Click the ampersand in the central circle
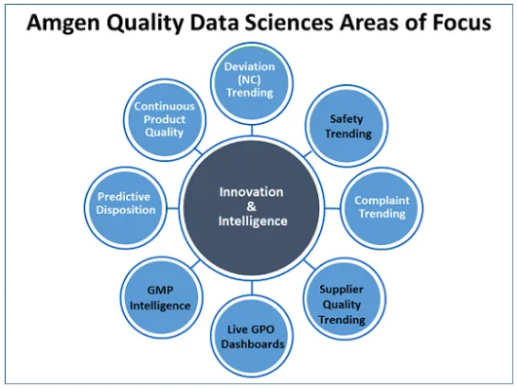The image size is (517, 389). (x=252, y=206)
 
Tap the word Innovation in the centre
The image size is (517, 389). (x=252, y=191)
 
